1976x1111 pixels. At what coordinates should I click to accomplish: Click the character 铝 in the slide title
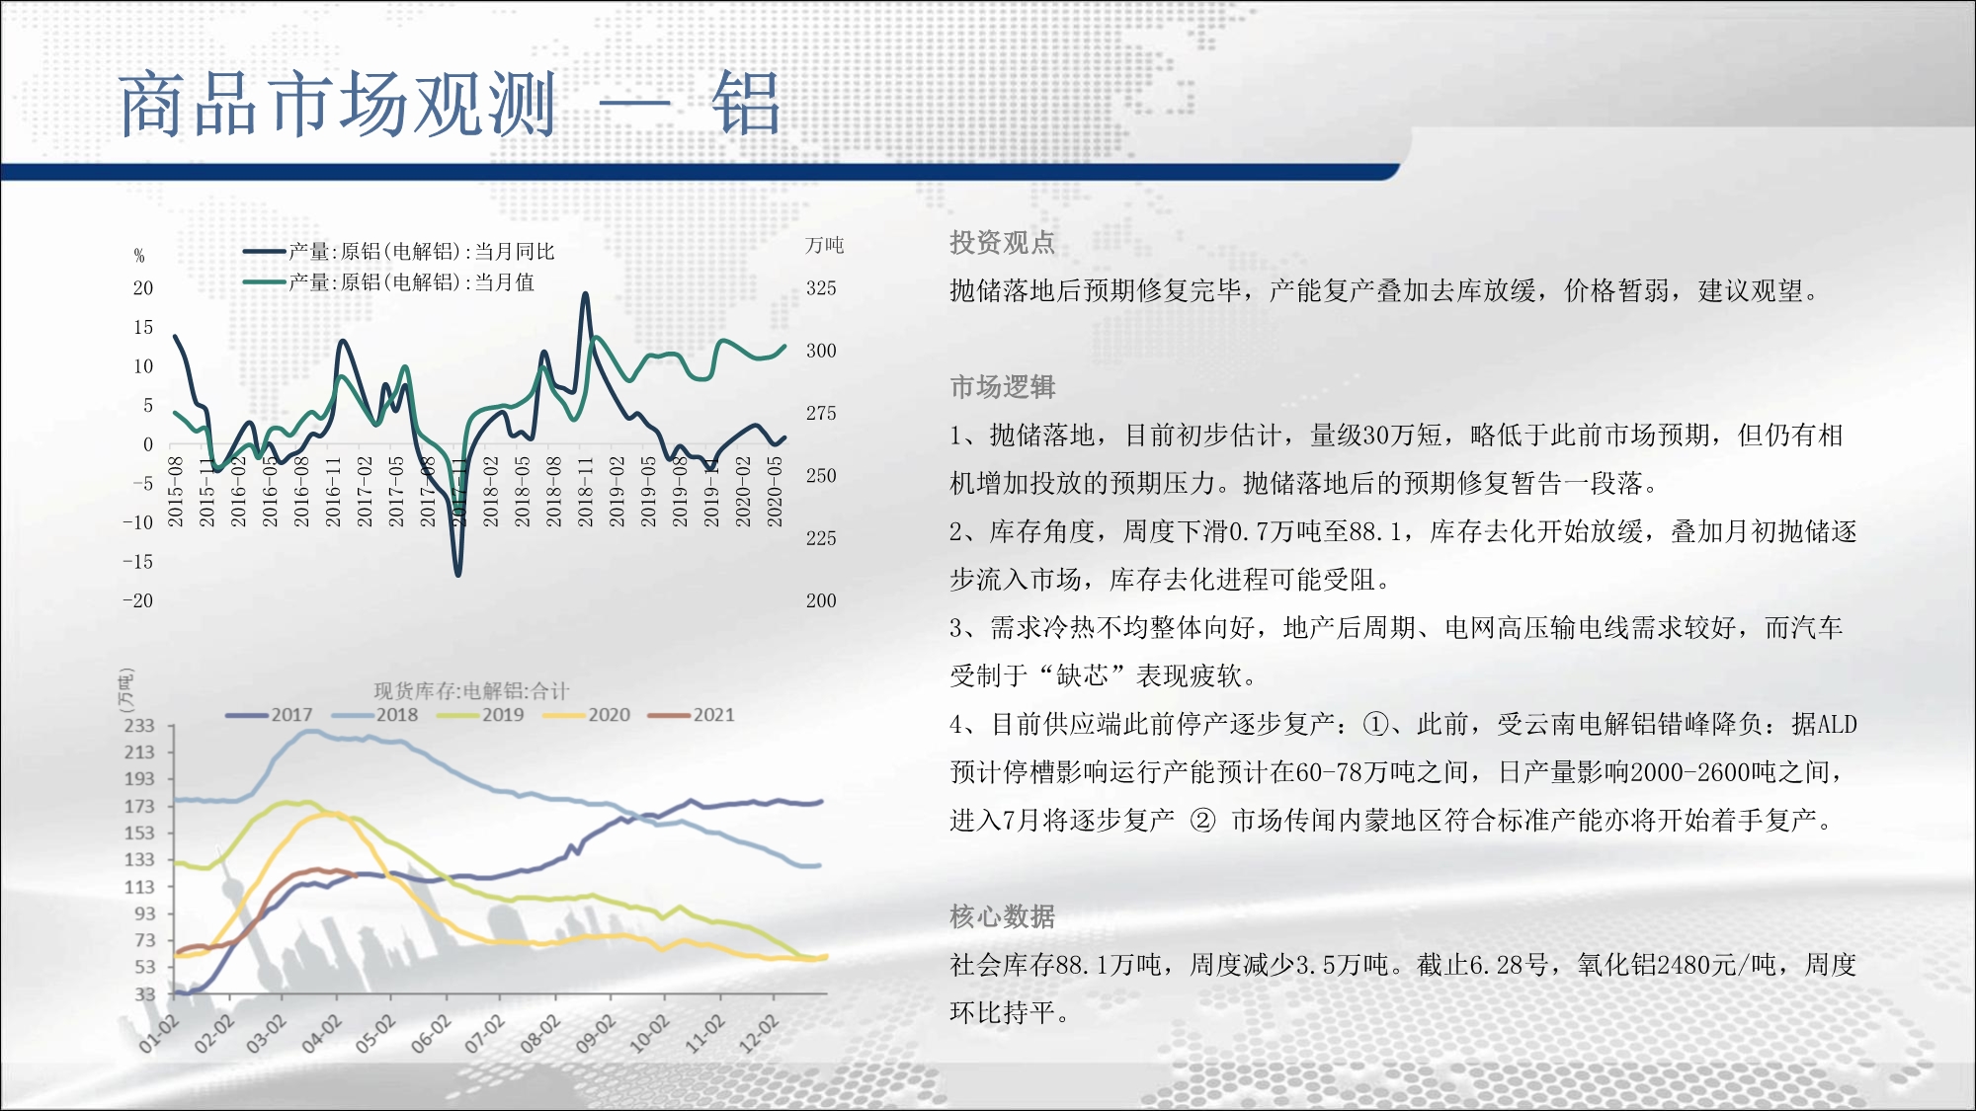pos(746,103)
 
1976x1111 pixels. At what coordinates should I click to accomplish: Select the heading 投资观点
pos(1002,242)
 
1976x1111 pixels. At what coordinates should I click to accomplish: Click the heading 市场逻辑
pos(1002,386)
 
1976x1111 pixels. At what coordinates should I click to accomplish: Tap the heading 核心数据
pos(1002,916)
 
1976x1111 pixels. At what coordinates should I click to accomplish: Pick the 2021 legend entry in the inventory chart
pos(692,714)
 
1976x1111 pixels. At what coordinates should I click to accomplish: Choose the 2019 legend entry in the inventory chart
pos(481,714)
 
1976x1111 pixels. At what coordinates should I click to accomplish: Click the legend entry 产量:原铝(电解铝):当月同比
pos(399,252)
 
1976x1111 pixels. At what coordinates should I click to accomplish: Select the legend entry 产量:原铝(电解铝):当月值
pos(389,282)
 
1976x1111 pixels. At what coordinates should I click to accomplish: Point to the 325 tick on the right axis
pos(821,288)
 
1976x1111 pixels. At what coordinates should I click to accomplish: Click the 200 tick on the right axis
pos(821,600)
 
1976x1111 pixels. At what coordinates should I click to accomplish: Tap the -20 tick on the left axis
pos(138,600)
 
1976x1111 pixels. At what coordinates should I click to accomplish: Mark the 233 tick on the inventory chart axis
pos(139,725)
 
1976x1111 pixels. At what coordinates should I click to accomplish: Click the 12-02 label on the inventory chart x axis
pos(761,1032)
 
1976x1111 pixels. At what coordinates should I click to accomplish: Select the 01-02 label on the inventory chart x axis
pos(159,1032)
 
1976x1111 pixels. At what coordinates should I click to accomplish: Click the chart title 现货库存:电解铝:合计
pos(471,690)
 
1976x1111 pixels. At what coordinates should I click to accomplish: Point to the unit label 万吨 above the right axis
pos(825,245)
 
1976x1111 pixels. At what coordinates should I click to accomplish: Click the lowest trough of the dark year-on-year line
pos(457,574)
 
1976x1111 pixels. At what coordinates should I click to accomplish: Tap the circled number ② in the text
pos(1202,821)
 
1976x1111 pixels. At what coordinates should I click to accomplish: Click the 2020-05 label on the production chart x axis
pos(776,491)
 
